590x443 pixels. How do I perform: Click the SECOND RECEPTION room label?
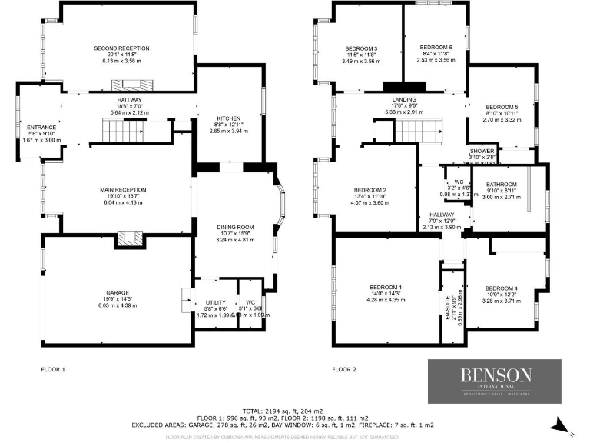pos(121,48)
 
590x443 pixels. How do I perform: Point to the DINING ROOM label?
pos(234,228)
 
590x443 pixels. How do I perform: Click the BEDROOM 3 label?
pos(360,48)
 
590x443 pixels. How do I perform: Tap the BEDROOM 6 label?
pos(436,48)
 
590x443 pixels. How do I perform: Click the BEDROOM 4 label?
pos(501,288)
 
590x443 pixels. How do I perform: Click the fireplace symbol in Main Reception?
pos(128,241)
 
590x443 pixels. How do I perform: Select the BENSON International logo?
pos(495,381)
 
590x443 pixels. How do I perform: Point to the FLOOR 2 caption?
pos(344,370)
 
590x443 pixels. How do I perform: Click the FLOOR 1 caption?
pos(53,370)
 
